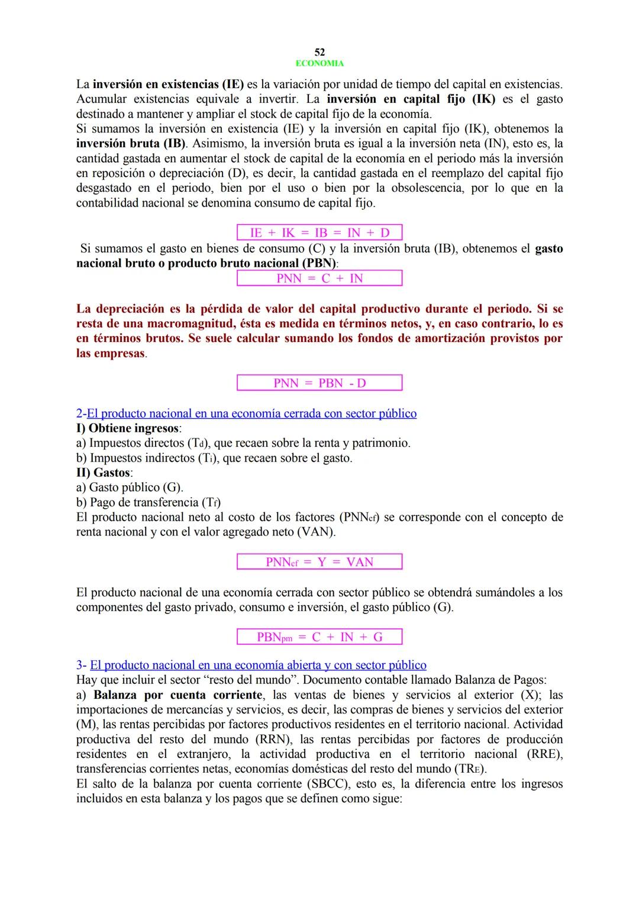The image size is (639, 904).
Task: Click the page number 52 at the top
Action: pos(319,53)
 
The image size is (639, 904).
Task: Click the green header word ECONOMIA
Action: pos(319,63)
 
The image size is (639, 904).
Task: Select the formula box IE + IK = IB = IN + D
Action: pos(319,233)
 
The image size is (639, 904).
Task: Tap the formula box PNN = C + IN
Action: pos(319,278)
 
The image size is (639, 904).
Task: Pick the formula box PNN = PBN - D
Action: pos(319,383)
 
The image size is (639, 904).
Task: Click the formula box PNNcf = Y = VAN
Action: pos(319,561)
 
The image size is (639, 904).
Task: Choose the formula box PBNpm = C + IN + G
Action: pos(319,637)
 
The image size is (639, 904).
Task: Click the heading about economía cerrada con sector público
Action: pos(251,413)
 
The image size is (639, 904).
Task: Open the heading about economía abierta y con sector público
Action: pos(258,665)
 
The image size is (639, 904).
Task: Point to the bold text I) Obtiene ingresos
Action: pos(128,428)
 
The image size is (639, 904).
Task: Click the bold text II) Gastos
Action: pos(104,472)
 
